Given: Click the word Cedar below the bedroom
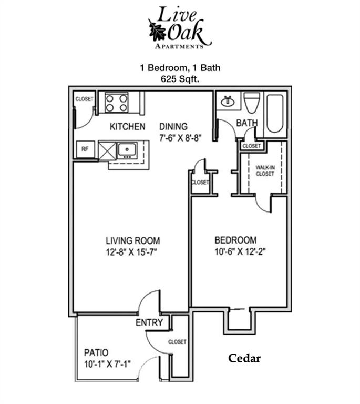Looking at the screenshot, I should pyautogui.click(x=244, y=359).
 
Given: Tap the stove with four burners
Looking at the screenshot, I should pyautogui.click(x=116, y=102).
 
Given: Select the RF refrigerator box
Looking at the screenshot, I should pyautogui.click(x=84, y=149).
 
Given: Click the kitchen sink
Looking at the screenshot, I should pyautogui.click(x=127, y=150).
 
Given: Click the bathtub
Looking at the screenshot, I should pyautogui.click(x=275, y=113).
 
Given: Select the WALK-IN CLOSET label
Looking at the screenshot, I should pyautogui.click(x=265, y=170).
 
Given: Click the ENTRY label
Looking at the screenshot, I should pyautogui.click(x=149, y=322).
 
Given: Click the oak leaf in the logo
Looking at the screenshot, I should pyautogui.click(x=157, y=31).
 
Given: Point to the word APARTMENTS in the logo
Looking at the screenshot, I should pyautogui.click(x=179, y=47).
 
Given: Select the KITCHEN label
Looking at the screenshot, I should pyautogui.click(x=127, y=126).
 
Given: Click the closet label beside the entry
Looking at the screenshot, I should pyautogui.click(x=177, y=342).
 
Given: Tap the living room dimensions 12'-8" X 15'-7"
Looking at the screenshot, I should pyautogui.click(x=131, y=252).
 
